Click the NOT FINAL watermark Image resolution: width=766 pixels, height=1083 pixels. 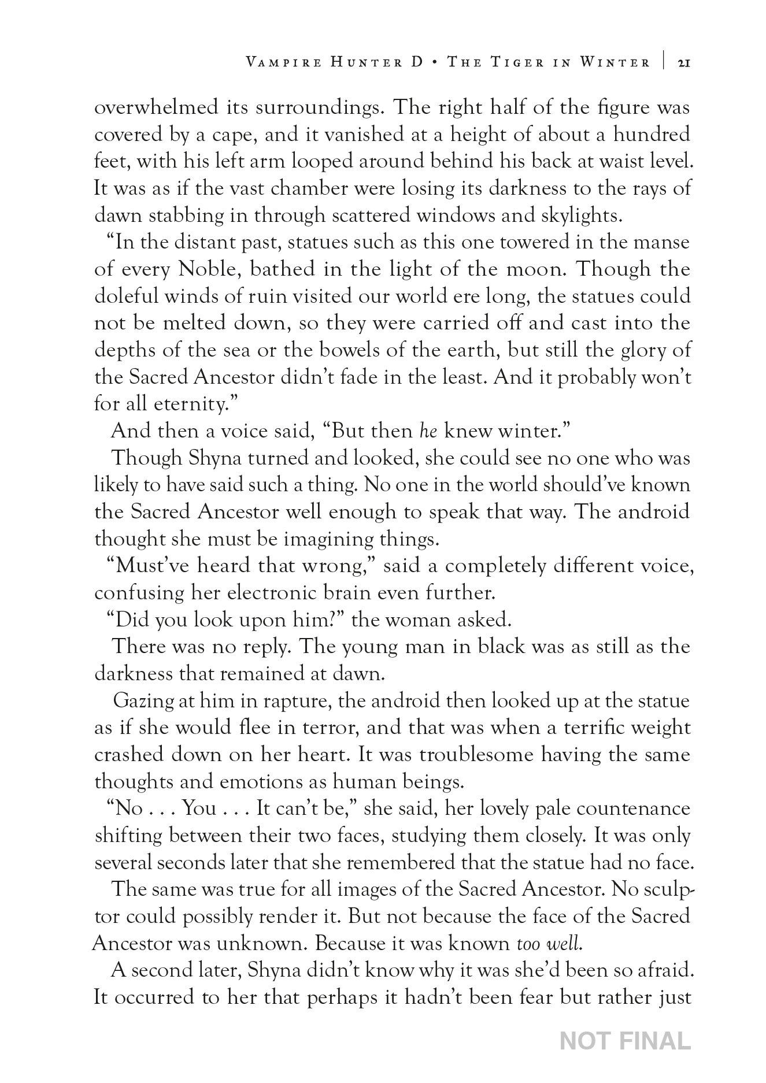pos(626,1041)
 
